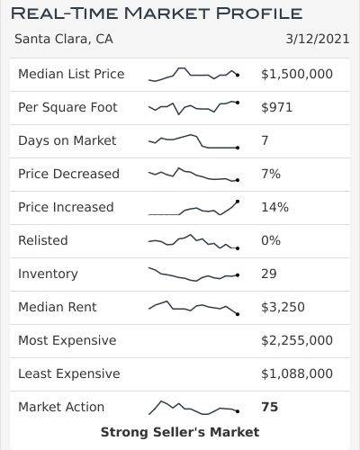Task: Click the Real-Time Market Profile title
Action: tap(156, 13)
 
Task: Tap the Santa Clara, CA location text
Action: tap(64, 40)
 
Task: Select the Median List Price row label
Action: tap(71, 74)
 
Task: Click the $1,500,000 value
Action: tap(296, 74)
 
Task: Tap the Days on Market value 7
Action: tap(265, 140)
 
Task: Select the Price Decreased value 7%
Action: tap(271, 174)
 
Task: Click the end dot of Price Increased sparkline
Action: tap(238, 201)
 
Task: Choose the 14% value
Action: tap(274, 207)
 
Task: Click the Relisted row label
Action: tap(42, 240)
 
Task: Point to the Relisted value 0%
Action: tap(271, 240)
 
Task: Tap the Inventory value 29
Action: tap(269, 274)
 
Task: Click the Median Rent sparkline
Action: tap(193, 307)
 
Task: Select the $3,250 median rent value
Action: tap(283, 307)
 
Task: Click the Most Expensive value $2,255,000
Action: tap(296, 340)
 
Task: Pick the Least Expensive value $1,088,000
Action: tap(296, 373)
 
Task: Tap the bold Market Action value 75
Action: tap(269, 407)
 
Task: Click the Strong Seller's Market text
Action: tap(180, 432)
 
